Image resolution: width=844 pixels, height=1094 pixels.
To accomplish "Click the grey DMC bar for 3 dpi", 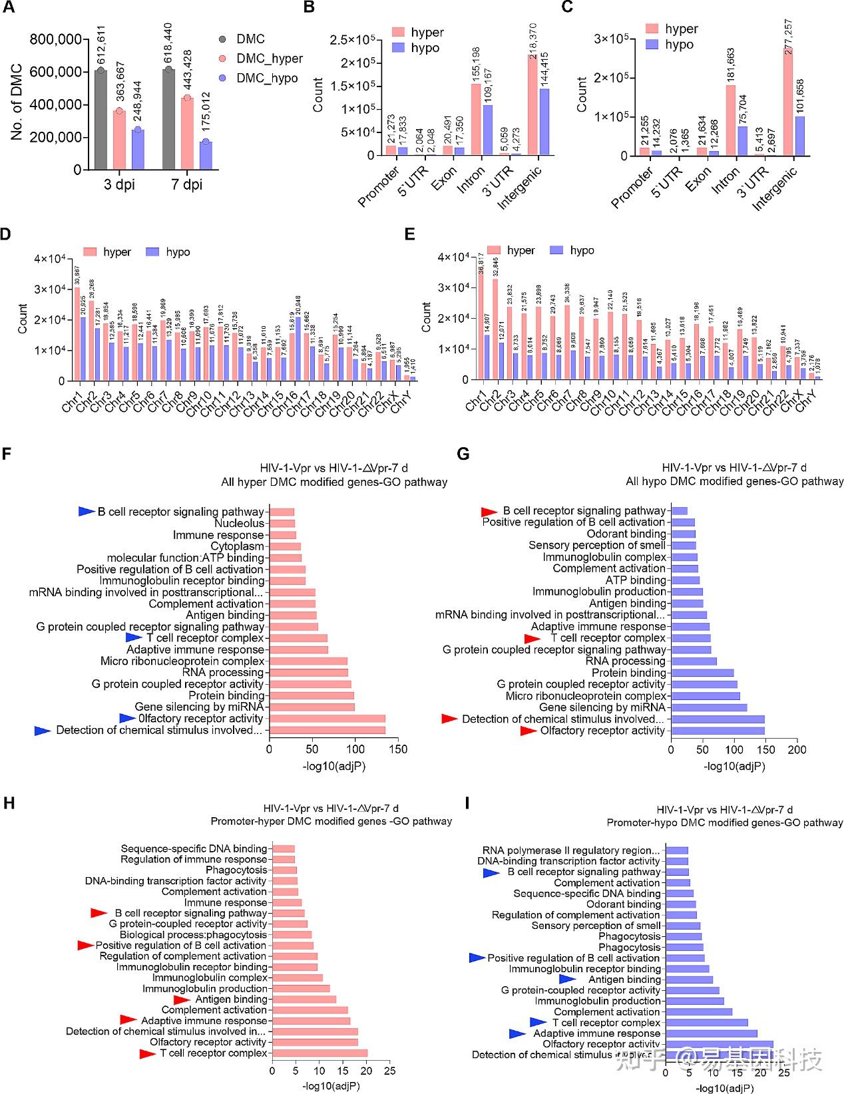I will point(101,120).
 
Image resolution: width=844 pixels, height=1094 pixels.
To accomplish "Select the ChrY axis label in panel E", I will point(806,401).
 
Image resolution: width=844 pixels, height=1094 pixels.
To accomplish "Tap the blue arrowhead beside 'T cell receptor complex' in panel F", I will point(134,638).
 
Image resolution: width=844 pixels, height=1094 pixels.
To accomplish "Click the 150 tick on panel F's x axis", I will point(398,749).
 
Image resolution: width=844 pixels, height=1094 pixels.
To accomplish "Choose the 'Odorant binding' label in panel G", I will point(626,534).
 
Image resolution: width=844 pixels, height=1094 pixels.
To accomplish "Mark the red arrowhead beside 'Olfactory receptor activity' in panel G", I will point(528,731).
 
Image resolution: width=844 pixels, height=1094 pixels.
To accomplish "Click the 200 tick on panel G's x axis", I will point(797,749).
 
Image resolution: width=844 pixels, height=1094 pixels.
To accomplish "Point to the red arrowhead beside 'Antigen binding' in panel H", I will point(182,1000).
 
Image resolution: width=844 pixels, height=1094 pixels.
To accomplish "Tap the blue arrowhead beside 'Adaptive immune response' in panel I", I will point(517,1033).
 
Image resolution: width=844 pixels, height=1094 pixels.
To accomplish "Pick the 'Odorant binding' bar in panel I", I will point(681,904).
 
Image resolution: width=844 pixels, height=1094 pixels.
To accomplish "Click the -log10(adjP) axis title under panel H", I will point(331,1086).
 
